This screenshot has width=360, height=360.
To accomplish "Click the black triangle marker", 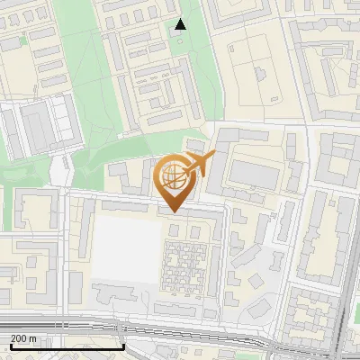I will click(x=181, y=24).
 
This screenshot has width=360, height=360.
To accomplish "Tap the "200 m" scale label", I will click(x=23, y=338).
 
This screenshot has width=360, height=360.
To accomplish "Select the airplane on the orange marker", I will click(x=198, y=165).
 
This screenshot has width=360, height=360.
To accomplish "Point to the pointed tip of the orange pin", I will click(x=173, y=211).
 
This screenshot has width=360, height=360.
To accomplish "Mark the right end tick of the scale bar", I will click(x=123, y=346).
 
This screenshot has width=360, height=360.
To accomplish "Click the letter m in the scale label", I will click(x=32, y=338).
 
